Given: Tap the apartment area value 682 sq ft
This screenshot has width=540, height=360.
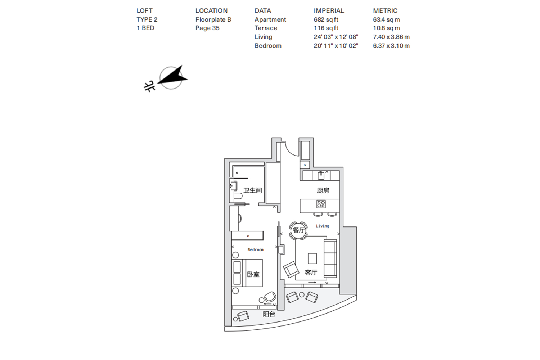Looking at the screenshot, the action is pos(326,19).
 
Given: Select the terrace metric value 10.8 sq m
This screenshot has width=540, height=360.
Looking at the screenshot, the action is pos(386,28).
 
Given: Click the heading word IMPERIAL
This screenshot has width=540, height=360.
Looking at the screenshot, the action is pos(329,10).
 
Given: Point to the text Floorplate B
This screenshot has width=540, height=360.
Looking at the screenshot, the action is pos(213,19).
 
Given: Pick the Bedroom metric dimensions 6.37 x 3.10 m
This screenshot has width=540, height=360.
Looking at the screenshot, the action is pos(391,46).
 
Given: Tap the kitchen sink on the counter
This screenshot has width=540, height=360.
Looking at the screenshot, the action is pos(321,176).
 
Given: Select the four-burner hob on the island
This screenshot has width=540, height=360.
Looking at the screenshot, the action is pos(321,204).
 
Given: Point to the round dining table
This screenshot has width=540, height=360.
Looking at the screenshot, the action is pos(298,230).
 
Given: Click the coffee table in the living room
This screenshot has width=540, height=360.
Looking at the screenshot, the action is pos(312,258).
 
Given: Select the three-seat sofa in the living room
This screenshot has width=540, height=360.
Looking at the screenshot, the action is pos(330,258).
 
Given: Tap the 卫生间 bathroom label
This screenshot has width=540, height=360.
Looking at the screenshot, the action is pos(252,190).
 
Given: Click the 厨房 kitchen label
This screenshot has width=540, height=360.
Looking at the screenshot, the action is pos(323,190).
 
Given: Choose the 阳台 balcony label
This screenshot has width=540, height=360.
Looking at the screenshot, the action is pos(269,314).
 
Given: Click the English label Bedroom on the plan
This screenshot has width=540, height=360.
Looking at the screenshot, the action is pos(256,250).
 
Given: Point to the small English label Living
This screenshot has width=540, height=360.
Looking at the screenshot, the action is pos(323,226).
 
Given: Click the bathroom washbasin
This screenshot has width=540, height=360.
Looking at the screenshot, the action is pos(233,186).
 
